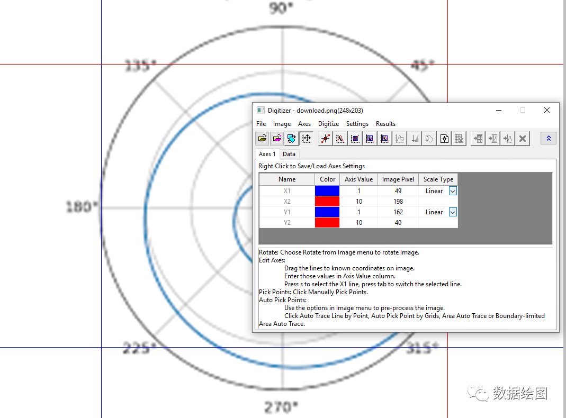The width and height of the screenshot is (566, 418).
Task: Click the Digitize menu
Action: (328, 124)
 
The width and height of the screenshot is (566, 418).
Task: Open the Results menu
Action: (385, 124)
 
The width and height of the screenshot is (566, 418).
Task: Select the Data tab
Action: (289, 154)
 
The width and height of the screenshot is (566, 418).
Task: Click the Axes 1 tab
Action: (267, 154)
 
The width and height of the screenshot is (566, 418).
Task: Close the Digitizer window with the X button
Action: (547, 110)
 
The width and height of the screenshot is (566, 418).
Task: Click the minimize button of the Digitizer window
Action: (499, 110)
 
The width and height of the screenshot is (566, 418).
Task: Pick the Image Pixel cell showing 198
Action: (398, 201)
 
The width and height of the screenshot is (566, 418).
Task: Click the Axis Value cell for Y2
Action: (358, 223)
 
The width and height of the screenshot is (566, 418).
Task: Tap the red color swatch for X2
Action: (327, 201)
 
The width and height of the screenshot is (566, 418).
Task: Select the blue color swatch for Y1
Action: (327, 212)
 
